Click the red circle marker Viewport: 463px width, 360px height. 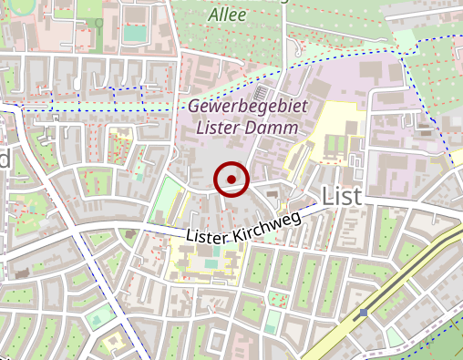(x=231, y=180)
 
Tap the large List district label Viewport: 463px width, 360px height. (x=341, y=194)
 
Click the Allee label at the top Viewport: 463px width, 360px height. (x=227, y=15)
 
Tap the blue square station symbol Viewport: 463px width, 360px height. (x=364, y=313)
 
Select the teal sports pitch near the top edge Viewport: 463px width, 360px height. (x=134, y=33)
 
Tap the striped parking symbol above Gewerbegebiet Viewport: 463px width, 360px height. (x=262, y=93)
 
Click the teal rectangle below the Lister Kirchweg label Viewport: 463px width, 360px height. (x=211, y=264)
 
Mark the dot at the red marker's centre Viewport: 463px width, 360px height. (x=231, y=180)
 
